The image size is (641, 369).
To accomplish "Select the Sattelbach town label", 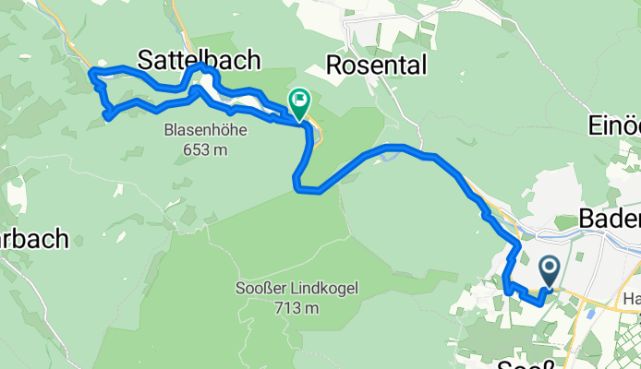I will tap(199, 60).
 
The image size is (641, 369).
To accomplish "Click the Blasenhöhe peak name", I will tap(204, 130).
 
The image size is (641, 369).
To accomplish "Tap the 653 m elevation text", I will tap(204, 149).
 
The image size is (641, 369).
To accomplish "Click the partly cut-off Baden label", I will tap(610, 220).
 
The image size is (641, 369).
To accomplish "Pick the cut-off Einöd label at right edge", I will tap(615, 125).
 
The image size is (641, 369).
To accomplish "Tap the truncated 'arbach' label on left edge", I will tap(34, 239).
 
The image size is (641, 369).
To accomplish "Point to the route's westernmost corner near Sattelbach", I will tap(91, 72).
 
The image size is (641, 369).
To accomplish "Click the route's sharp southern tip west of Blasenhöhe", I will tap(108, 117).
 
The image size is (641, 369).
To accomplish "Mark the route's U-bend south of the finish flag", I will tap(297, 188).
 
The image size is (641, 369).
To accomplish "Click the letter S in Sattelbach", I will tap(146, 60).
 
